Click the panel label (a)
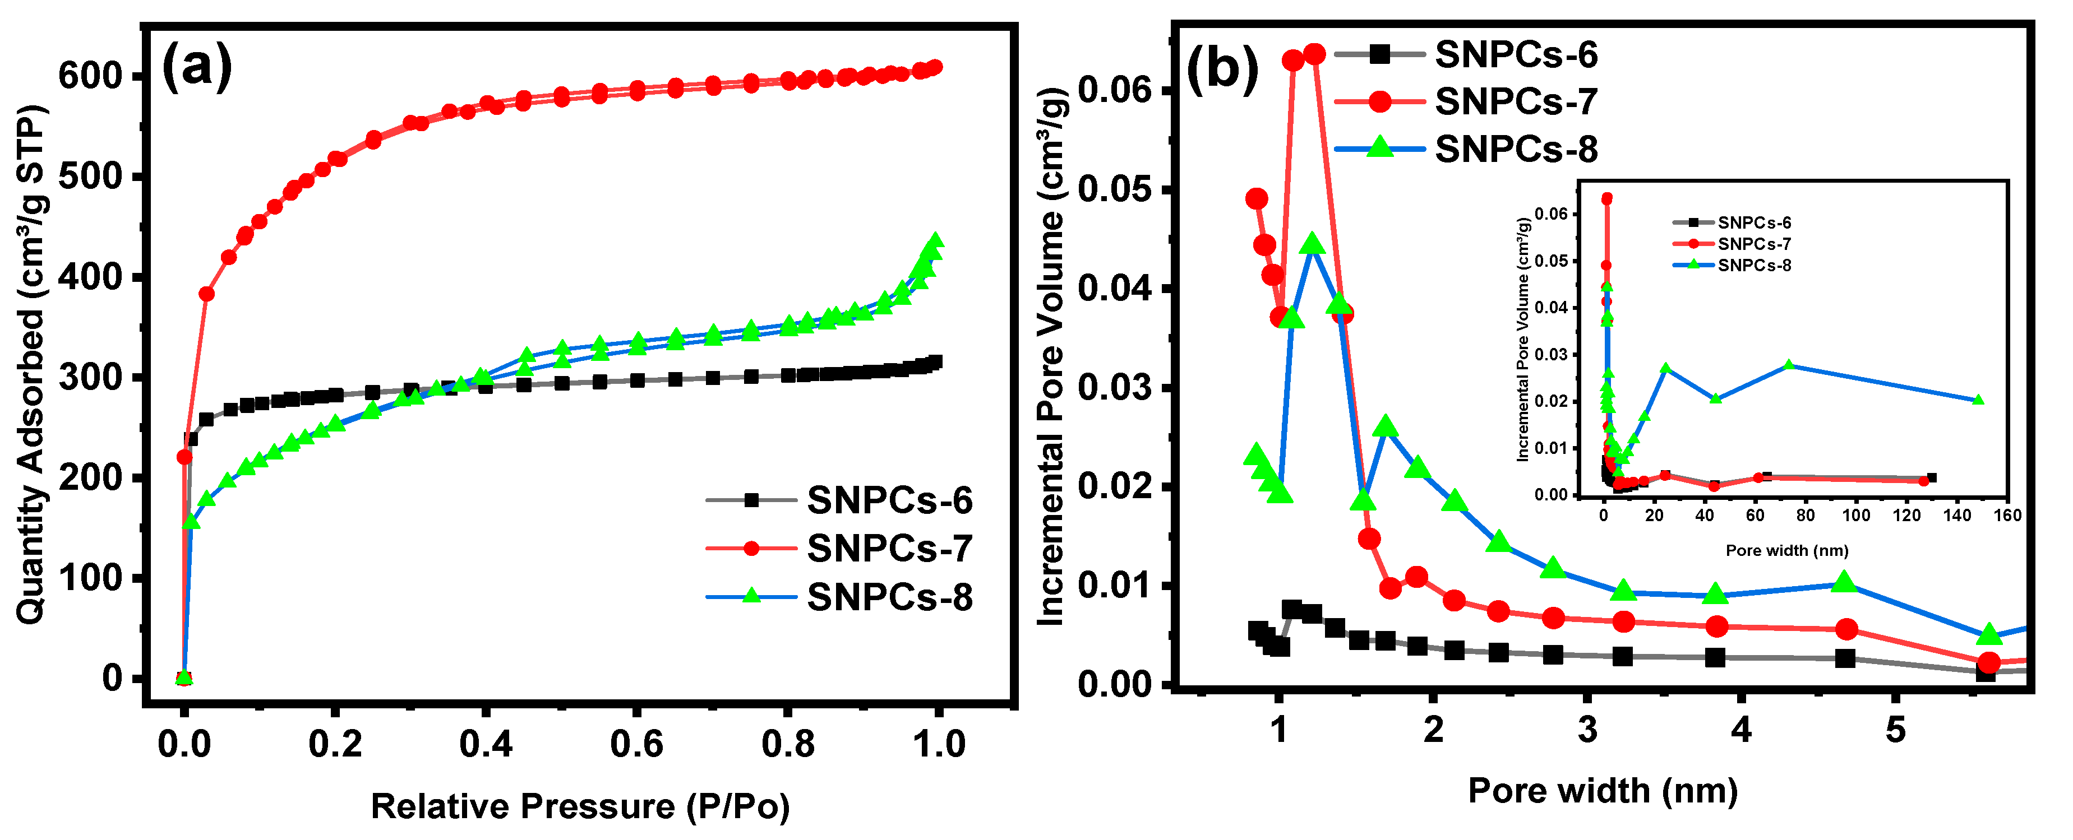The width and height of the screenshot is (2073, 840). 197,66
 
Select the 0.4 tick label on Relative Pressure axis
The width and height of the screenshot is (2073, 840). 486,744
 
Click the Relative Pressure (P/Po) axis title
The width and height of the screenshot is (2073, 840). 579,806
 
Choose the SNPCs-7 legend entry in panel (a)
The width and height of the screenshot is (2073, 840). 889,549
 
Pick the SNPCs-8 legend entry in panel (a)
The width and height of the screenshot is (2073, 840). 889,597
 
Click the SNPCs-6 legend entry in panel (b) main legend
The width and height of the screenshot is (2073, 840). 1516,54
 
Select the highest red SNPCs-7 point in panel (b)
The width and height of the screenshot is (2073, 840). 1314,54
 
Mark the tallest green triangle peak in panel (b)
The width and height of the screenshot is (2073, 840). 1313,244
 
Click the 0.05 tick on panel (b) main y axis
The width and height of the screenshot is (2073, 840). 1114,190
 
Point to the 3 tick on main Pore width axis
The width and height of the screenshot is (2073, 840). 1587,730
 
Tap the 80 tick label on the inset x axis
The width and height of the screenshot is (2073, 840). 1805,515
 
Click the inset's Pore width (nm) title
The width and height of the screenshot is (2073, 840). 1786,550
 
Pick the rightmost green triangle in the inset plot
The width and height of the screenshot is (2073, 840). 1978,400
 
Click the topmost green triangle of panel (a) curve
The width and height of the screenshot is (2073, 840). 935,240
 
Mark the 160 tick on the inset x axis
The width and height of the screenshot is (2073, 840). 2007,515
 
